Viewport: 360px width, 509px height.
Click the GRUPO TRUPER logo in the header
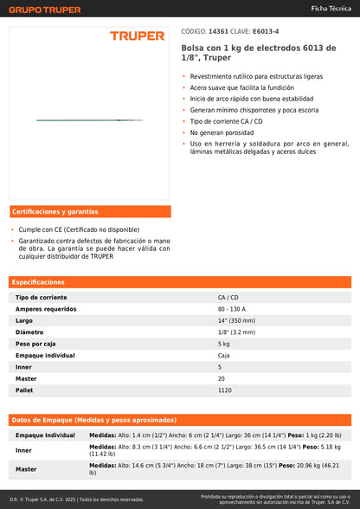point(45,10)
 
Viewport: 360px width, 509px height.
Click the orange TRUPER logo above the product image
point(136,36)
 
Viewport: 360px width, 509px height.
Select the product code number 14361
point(219,29)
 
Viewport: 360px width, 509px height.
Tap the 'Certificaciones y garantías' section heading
point(55,212)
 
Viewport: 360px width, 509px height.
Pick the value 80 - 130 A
point(232,309)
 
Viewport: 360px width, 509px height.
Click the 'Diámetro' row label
point(29,332)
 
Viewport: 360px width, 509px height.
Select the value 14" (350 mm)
point(237,320)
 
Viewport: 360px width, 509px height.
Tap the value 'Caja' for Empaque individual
point(223,355)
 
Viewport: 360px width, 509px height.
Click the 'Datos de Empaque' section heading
point(93,420)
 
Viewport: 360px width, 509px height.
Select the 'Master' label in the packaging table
point(26,469)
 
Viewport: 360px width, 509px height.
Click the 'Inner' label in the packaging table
point(23,450)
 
